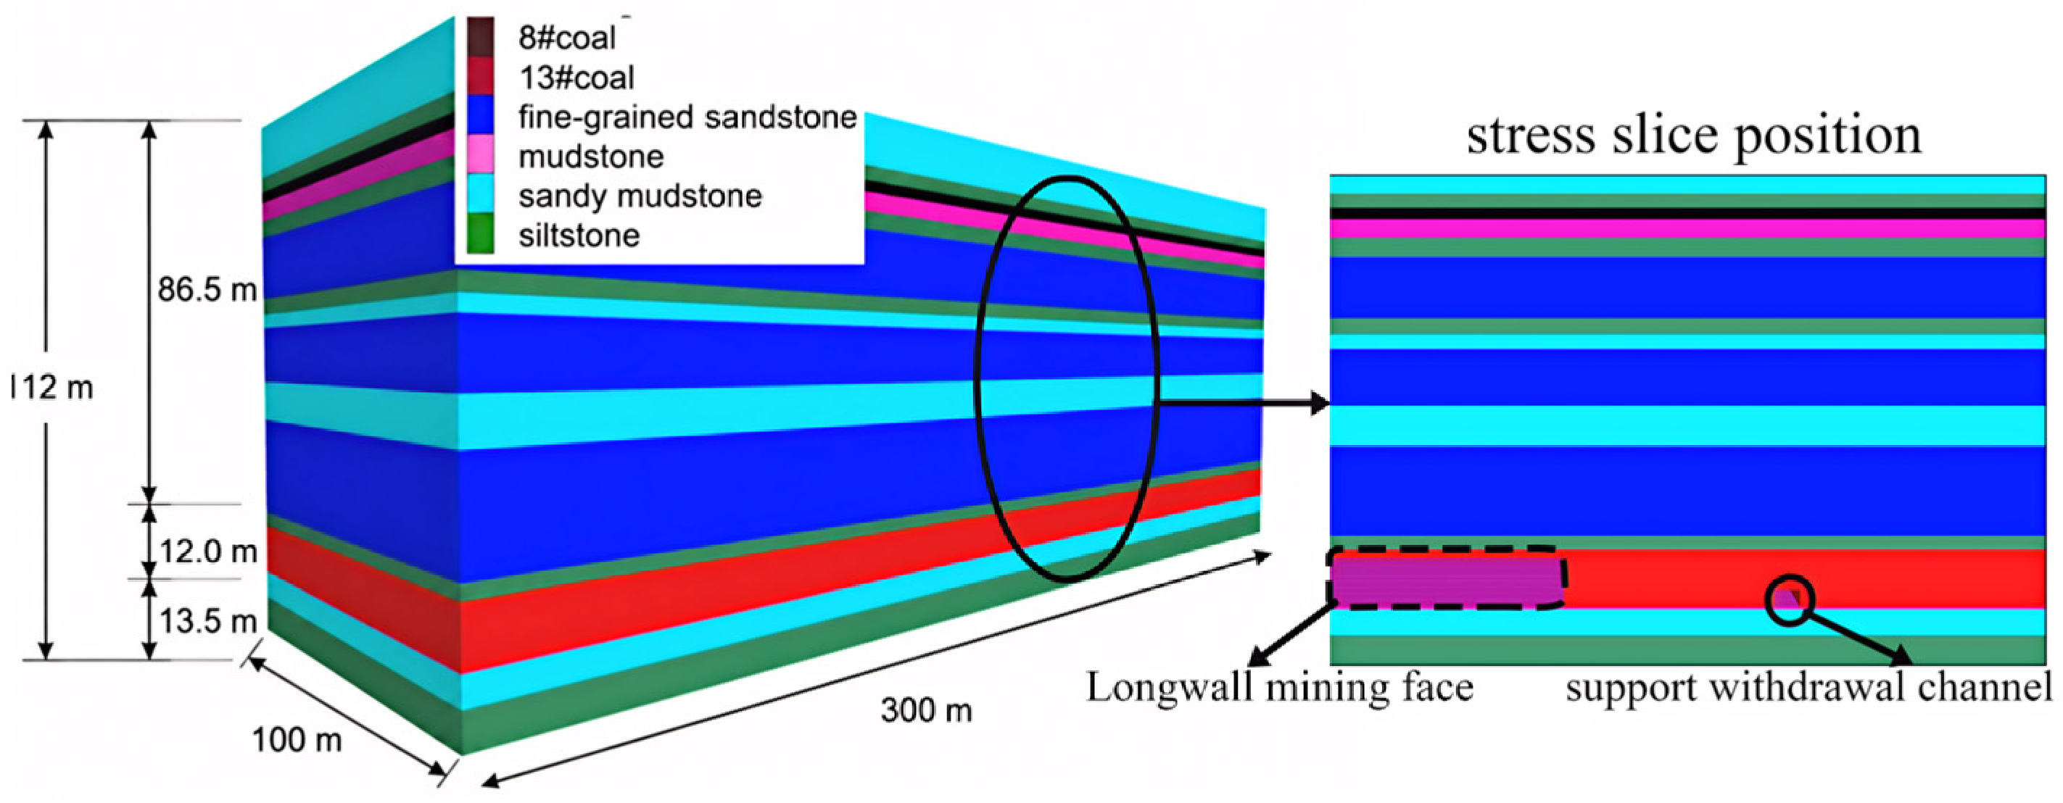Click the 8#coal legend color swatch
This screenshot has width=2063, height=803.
point(481,37)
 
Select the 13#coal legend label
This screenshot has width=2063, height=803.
point(576,78)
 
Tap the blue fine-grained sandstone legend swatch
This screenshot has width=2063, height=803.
point(481,115)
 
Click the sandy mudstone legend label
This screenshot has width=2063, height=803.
point(640,196)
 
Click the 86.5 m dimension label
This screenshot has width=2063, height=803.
point(207,290)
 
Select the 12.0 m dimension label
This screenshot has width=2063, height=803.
point(208,552)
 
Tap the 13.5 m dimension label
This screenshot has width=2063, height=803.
point(208,621)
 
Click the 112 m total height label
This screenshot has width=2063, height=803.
point(51,388)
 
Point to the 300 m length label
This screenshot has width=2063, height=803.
point(927,710)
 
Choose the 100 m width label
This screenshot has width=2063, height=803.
point(297,741)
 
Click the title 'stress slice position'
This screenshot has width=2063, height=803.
point(1693,136)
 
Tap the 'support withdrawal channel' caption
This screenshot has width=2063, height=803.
point(1809,688)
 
